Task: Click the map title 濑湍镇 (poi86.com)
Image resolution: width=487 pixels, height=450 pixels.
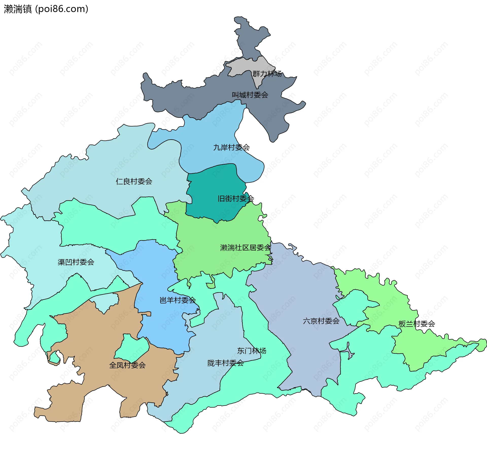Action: coord(46,9)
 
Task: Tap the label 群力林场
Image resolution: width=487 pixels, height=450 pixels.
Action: coord(267,74)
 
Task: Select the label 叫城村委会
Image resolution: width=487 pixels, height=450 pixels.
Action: coord(250,95)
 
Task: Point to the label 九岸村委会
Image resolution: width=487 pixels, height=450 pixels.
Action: coord(231,147)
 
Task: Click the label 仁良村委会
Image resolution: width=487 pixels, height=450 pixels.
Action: coord(134,181)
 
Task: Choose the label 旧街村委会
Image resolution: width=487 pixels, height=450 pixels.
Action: coord(236,199)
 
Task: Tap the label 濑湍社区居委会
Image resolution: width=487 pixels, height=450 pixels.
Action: coord(246,248)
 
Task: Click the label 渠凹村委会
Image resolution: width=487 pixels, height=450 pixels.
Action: coord(76,262)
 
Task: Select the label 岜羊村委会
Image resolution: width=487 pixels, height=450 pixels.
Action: coord(178,300)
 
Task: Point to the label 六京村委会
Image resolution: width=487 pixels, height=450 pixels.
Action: coord(321,321)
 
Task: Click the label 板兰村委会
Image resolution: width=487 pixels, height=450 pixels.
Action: coord(417,324)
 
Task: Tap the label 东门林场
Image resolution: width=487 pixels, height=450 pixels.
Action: coord(252,351)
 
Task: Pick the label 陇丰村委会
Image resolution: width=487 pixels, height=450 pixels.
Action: coord(225,363)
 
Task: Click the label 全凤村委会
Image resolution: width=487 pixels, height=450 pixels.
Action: coord(127,365)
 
